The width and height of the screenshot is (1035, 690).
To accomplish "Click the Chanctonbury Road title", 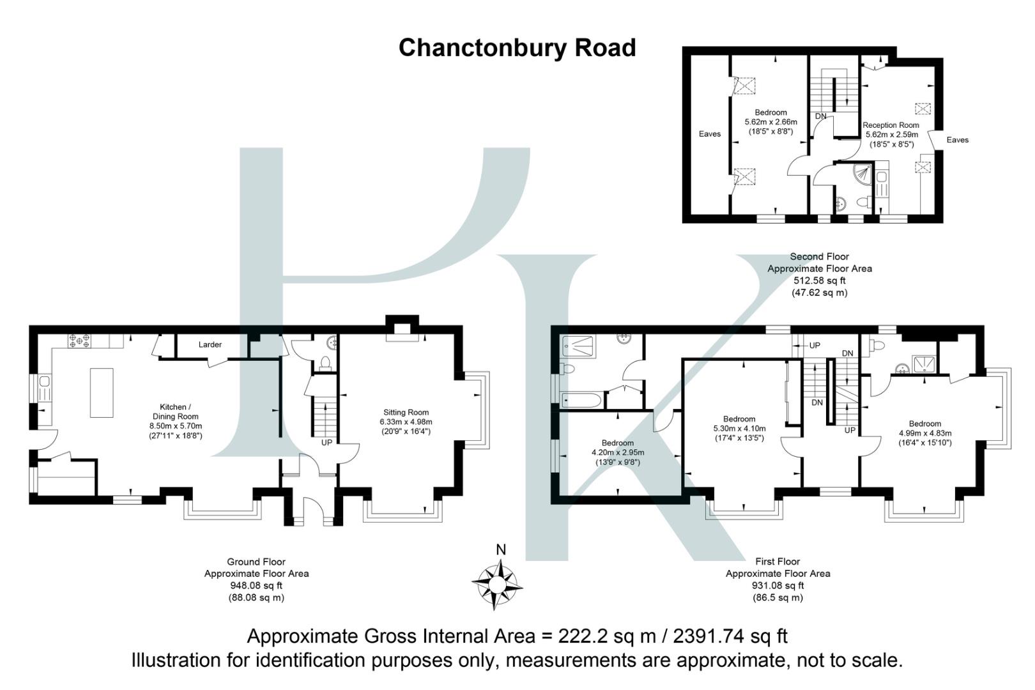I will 517,48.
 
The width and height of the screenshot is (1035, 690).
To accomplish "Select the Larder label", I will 210,344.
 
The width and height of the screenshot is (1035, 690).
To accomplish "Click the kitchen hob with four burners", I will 79,341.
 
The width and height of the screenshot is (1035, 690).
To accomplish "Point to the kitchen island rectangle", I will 102,392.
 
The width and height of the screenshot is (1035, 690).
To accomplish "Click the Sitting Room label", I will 406,412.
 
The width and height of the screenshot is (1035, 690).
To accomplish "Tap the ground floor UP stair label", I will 326,442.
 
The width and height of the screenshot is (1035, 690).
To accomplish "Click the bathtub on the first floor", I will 581,401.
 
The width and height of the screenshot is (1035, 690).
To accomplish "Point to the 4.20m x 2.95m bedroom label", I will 617,452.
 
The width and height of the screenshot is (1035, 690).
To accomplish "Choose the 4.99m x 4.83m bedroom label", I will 924,433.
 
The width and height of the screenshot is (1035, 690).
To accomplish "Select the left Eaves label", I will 709,134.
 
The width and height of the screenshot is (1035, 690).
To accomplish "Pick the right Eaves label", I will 957,139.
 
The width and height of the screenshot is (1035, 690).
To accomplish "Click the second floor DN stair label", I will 820,116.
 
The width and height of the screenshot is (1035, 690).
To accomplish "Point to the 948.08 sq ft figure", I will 256,585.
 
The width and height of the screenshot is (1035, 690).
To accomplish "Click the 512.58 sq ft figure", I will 819,280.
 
